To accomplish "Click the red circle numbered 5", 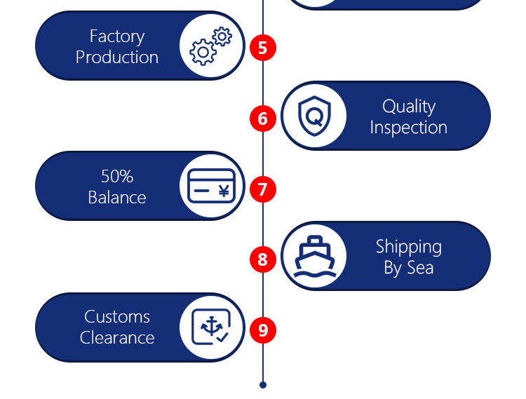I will [263, 48].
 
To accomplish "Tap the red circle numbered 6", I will [263, 118].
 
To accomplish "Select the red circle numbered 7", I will [263, 189].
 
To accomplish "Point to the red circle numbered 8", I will [263, 259].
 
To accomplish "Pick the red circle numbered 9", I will [263, 330].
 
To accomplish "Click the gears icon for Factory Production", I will [211, 46].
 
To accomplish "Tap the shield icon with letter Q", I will [313, 116].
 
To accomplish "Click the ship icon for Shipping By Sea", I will [313, 256].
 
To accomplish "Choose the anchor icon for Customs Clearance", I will [211, 327].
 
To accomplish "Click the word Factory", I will [117, 36].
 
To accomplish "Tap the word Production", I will [117, 57].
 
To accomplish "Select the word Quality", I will [409, 107].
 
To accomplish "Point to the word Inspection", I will [409, 128].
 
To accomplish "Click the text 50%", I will [117, 176].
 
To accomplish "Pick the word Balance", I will [117, 197].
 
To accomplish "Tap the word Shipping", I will [409, 247].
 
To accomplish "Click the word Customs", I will [117, 317].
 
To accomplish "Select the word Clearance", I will [117, 337].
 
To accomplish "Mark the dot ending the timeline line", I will [263, 385].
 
